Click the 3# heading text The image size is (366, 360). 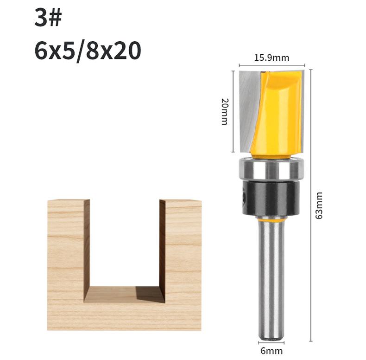[48, 18]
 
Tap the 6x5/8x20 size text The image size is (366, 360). [88, 51]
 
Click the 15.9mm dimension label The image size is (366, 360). [271, 58]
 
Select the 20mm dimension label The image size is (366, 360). [225, 111]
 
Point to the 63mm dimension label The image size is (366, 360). [319, 206]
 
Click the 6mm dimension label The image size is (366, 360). [271, 351]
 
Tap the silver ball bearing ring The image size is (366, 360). [271, 169]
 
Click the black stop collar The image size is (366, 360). [271, 198]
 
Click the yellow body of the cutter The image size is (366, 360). [278, 112]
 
